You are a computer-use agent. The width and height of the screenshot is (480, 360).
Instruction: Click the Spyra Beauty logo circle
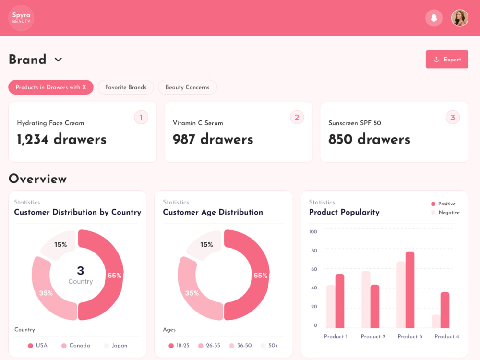21,18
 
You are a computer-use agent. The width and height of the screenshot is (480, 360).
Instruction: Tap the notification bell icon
434,18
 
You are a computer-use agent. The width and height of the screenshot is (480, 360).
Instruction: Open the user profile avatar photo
459,18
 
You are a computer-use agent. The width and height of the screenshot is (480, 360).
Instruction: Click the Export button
447,60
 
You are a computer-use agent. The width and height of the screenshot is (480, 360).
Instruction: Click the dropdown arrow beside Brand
58,60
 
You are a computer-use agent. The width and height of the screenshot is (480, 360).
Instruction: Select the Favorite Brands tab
126,87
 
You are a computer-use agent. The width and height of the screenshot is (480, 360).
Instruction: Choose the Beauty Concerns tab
187,87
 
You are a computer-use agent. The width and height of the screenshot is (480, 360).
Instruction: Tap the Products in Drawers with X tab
50,87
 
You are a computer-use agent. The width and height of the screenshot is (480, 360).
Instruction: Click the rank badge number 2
297,117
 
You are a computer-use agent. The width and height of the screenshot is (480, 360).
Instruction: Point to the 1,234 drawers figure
61,139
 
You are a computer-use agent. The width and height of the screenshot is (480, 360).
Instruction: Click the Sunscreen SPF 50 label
355,123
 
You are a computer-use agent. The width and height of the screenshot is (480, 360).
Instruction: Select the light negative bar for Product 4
436,321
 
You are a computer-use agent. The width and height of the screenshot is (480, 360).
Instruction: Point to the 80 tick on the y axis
313,251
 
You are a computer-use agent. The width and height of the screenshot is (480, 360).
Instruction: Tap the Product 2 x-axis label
373,337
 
